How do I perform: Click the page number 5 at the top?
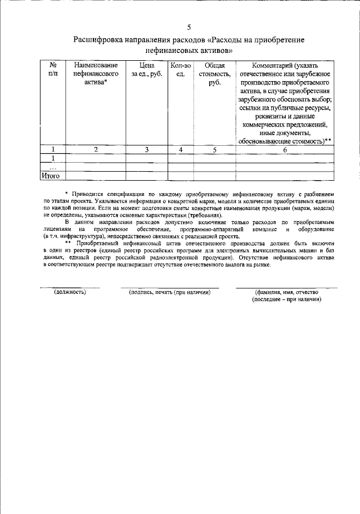click(x=189, y=26)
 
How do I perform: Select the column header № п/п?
click(x=53, y=70)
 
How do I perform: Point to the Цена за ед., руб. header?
click(x=147, y=70)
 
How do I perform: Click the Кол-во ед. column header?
click(x=181, y=70)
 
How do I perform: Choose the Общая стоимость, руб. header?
click(x=214, y=74)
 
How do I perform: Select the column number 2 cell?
click(x=96, y=149)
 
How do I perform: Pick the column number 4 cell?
click(x=181, y=149)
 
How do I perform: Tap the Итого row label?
click(x=51, y=176)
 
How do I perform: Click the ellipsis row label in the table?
click(x=53, y=167)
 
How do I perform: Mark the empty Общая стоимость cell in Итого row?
click(x=214, y=176)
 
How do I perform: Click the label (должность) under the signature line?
click(x=70, y=293)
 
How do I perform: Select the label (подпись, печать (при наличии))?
click(x=169, y=293)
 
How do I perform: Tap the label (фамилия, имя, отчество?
click(x=286, y=293)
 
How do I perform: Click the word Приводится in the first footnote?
click(x=87, y=194)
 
